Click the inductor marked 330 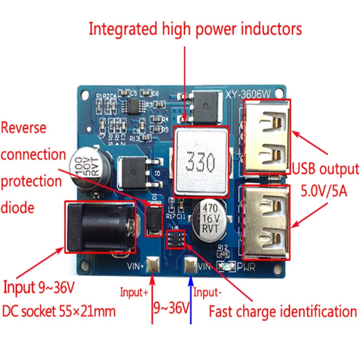201,160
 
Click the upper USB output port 267,137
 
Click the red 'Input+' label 134,292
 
